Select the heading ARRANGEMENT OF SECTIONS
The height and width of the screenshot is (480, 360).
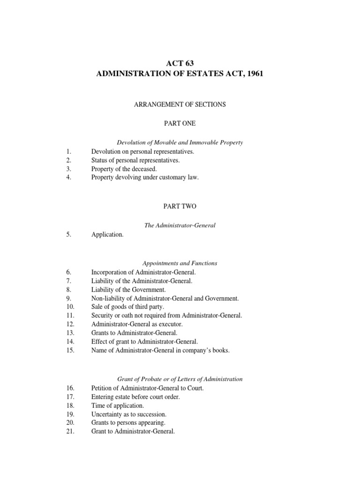point(180,105)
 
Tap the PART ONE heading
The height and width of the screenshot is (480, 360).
point(180,123)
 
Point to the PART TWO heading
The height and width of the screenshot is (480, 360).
point(180,206)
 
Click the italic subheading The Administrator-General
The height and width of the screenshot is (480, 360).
point(180,225)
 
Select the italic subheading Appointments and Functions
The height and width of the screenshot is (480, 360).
point(180,263)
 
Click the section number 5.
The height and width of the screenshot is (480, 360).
point(68,235)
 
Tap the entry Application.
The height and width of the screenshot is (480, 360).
point(107,235)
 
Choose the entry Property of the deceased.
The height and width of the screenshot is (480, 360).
point(124,169)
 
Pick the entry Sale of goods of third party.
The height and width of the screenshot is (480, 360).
point(127,307)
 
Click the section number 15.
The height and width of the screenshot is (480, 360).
point(70,350)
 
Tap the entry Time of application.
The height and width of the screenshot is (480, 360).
point(118,405)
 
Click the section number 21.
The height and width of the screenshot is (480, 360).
point(70,432)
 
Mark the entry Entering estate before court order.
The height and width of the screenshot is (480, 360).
point(135,397)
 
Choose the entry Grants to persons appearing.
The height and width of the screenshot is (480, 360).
point(128,423)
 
